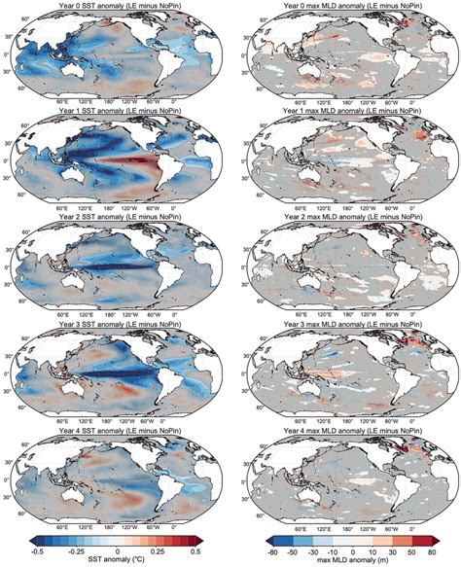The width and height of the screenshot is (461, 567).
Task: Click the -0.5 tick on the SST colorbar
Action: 37,551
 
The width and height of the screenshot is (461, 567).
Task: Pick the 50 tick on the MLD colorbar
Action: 398,551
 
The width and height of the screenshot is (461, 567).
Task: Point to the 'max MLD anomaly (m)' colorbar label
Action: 343,561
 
